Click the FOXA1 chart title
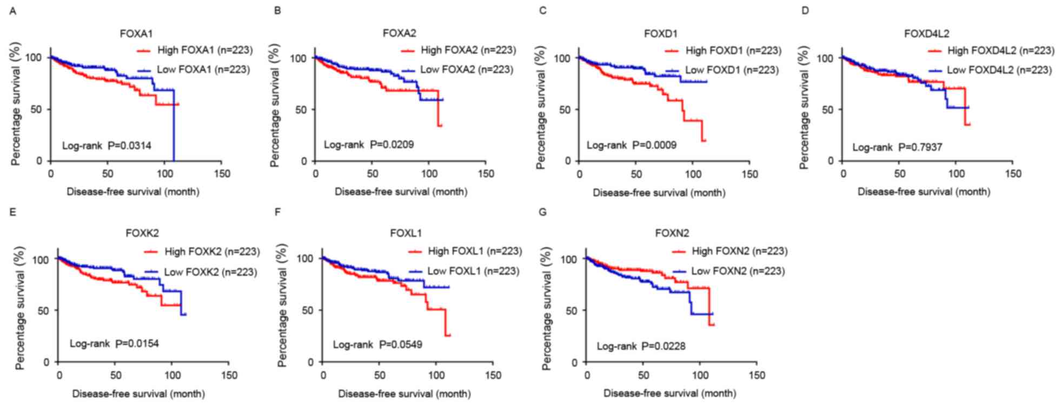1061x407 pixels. click(136, 34)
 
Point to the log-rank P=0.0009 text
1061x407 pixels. click(632, 145)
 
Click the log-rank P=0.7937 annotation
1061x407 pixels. click(897, 147)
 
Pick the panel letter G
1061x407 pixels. click(543, 212)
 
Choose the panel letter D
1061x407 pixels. click(805, 11)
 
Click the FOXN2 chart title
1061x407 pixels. click(672, 233)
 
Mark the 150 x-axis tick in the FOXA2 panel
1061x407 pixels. click(486, 174)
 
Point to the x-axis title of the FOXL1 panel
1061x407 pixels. click(404, 394)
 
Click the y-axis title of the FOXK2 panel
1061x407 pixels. click(20, 308)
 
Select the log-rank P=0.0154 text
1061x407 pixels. click(114, 344)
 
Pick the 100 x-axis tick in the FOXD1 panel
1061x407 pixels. click(693, 174)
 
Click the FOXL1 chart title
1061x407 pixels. click(406, 233)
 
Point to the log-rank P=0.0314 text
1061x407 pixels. click(107, 145)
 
